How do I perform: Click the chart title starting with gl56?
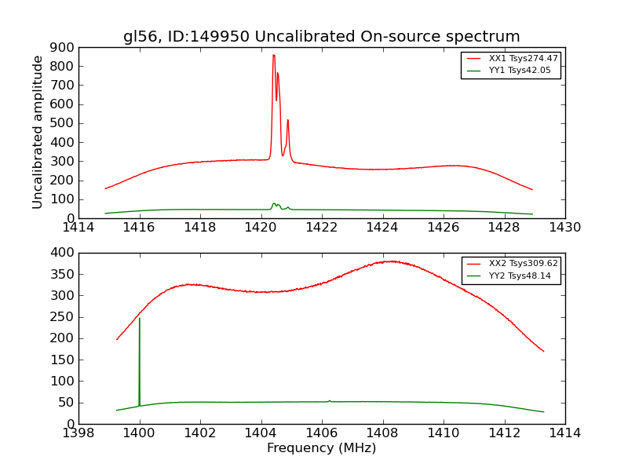pos(321,37)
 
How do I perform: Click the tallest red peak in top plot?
pos(273,56)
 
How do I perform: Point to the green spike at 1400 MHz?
pos(140,318)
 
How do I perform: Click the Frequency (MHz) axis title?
pos(321,448)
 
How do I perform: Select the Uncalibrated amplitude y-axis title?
pos(38,132)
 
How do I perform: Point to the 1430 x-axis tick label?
pos(564,228)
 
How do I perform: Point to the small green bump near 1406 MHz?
pos(330,400)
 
